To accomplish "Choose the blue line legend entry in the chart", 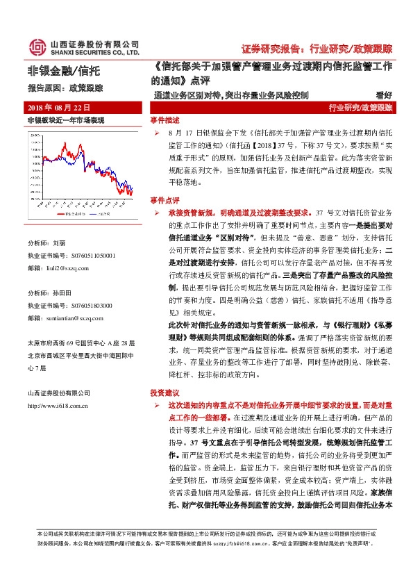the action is point(105,215).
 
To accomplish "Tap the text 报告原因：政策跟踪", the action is point(64,88).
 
